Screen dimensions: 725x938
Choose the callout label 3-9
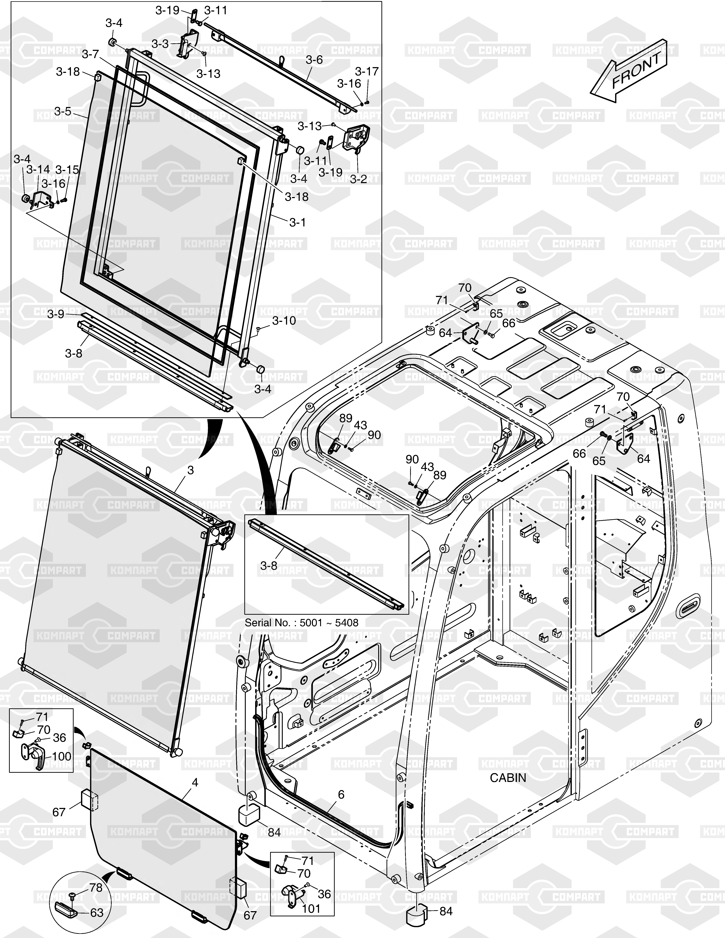click(56, 314)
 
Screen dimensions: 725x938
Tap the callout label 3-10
click(284, 321)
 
